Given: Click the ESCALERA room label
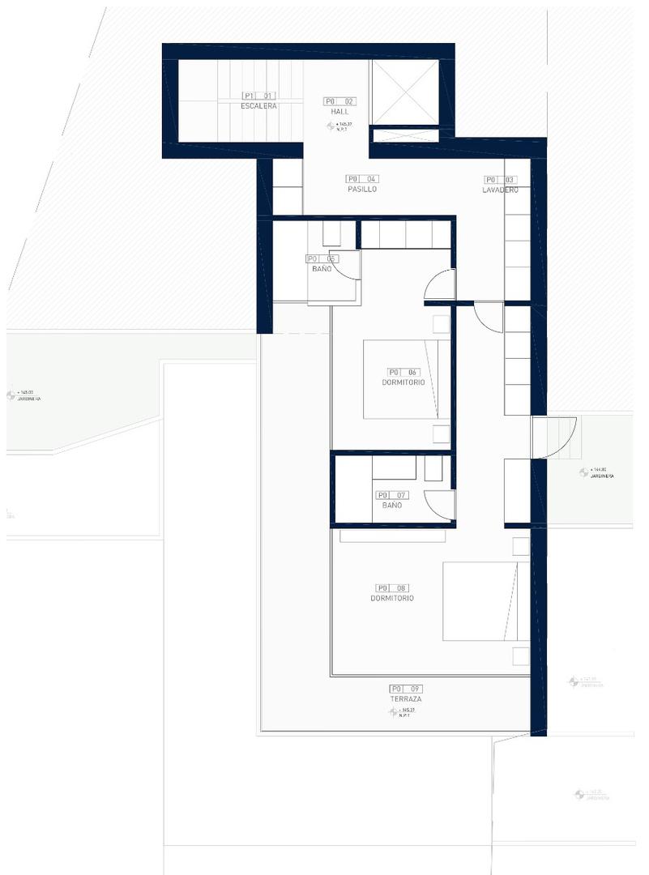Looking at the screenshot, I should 258,106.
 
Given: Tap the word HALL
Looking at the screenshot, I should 339,112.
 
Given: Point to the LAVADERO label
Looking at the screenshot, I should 499,190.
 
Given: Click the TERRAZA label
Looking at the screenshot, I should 405,698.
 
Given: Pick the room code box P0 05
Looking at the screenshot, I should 322,259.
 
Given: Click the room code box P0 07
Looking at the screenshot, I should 391,494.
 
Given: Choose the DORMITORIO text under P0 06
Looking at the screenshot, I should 403,382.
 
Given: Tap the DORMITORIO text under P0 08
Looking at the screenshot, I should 392,598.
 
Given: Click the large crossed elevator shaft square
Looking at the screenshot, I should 404,92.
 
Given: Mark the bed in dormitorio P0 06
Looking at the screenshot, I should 406,378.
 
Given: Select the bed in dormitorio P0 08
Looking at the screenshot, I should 480,600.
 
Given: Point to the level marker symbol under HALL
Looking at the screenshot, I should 330,126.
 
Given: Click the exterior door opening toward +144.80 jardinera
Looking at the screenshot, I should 556,437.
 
